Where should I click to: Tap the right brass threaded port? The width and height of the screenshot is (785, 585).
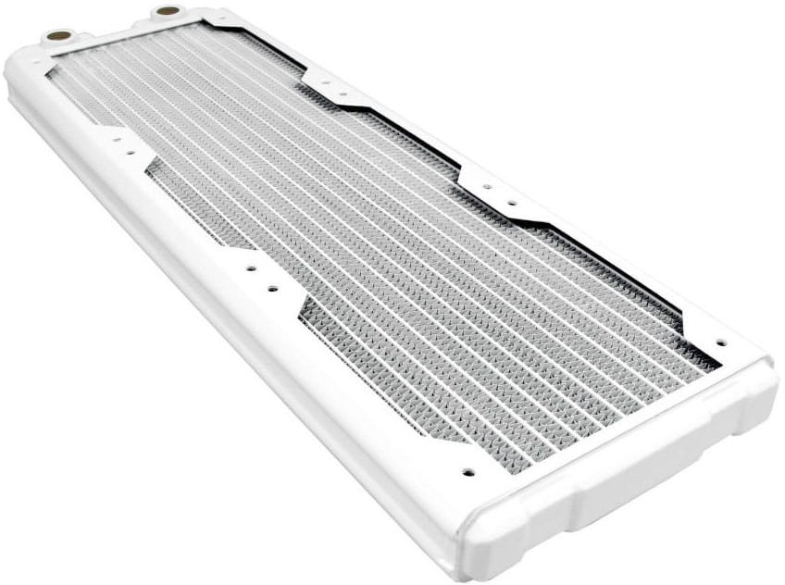(168, 11)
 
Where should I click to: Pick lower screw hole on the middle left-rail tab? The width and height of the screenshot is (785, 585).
(273, 289)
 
